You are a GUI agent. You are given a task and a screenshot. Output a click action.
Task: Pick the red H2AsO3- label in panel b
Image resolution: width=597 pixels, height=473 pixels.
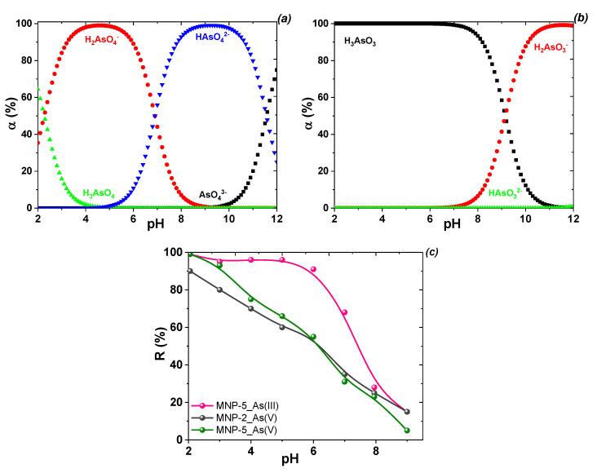(x=552, y=47)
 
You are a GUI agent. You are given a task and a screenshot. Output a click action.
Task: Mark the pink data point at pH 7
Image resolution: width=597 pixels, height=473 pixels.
(x=345, y=312)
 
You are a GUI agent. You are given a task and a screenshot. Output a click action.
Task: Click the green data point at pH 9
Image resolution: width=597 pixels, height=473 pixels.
(x=407, y=431)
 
